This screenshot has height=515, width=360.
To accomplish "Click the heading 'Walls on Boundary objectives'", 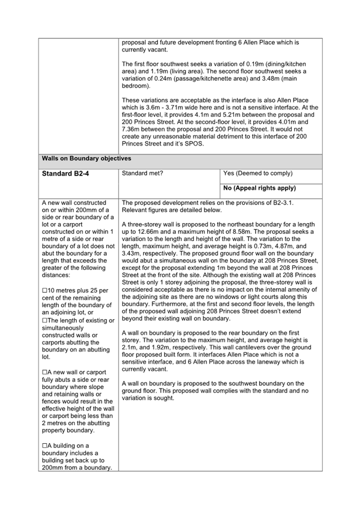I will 86,159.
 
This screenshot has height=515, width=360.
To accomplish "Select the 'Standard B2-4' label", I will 65,173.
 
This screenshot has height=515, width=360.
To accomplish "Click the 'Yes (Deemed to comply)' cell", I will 258,173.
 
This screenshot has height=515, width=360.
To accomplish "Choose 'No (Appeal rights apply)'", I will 260,188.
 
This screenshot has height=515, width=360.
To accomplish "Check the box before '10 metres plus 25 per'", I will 45,291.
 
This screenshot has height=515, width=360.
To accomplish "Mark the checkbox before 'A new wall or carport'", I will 45,372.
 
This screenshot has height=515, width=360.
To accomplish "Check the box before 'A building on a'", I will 45,446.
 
